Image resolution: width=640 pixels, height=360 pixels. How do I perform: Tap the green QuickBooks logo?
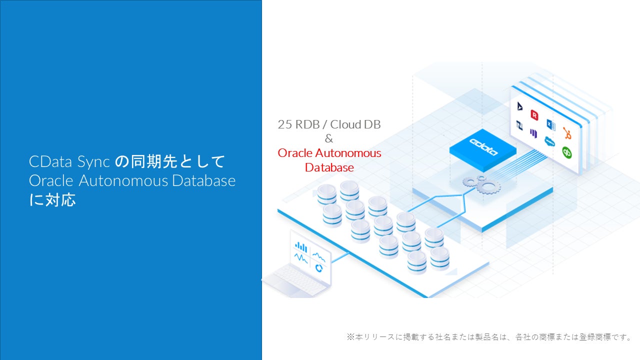pos(567,152)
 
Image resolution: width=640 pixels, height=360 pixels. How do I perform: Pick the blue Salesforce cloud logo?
pos(550,141)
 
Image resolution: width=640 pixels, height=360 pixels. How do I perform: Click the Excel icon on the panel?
pos(551,124)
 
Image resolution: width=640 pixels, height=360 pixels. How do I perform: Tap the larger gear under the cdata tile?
pos(488,186)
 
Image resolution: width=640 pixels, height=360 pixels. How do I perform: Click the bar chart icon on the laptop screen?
pos(301,246)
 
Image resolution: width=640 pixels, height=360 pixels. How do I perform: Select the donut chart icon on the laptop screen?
pos(318,268)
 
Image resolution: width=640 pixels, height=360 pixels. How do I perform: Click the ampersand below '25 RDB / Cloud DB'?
pos(328,139)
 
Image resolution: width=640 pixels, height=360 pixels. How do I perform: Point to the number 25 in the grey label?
pos(284,124)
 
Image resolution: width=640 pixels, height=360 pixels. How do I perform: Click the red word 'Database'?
pos(329,167)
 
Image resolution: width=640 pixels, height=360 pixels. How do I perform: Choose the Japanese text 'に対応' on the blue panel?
pos(52,200)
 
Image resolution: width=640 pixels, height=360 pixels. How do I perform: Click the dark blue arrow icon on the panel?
pos(519,106)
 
